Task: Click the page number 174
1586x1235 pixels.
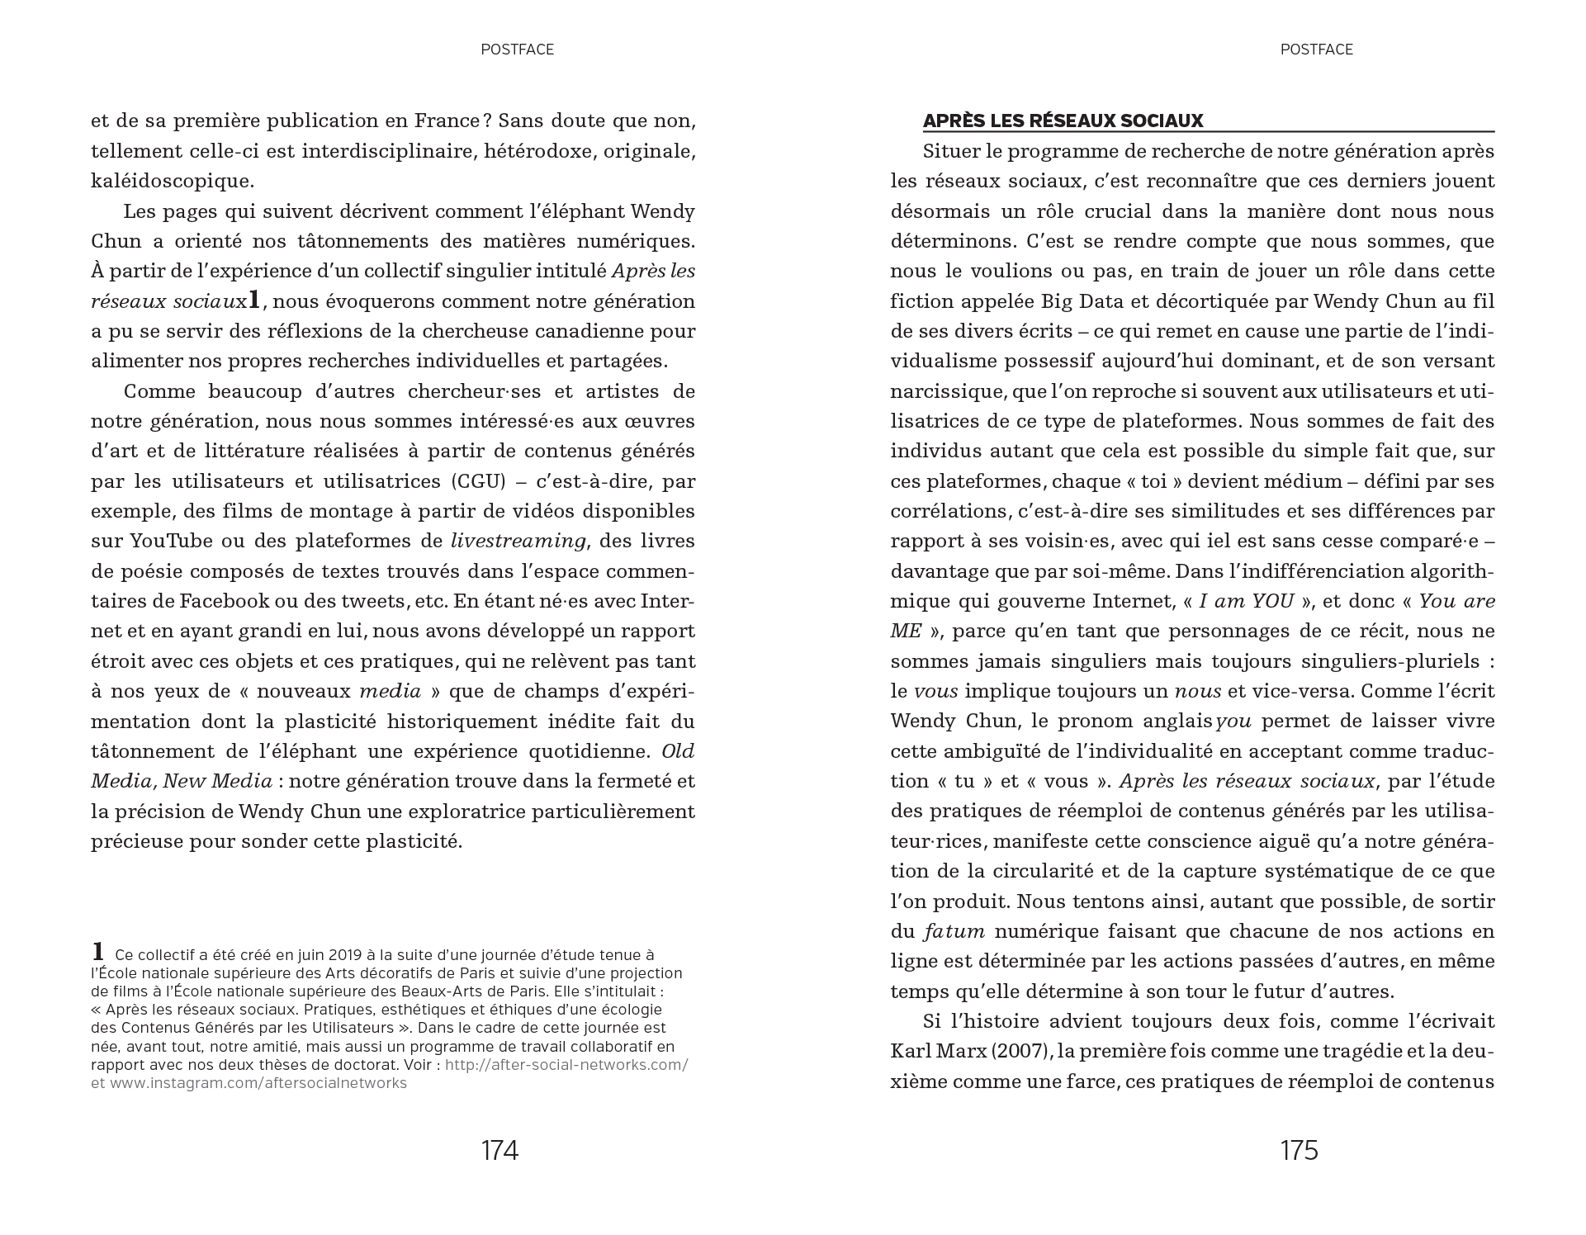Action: (x=499, y=1150)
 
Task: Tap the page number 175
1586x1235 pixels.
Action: (x=1299, y=1150)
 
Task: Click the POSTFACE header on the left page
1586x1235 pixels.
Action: (x=517, y=50)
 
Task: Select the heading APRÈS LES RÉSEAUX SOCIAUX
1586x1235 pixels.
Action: (x=1063, y=121)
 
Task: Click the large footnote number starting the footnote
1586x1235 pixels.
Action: (x=98, y=952)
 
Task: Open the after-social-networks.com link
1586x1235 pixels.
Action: (x=566, y=1065)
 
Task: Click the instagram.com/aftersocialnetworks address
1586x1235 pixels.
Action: (x=258, y=1083)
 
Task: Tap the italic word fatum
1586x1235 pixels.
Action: (x=954, y=932)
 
